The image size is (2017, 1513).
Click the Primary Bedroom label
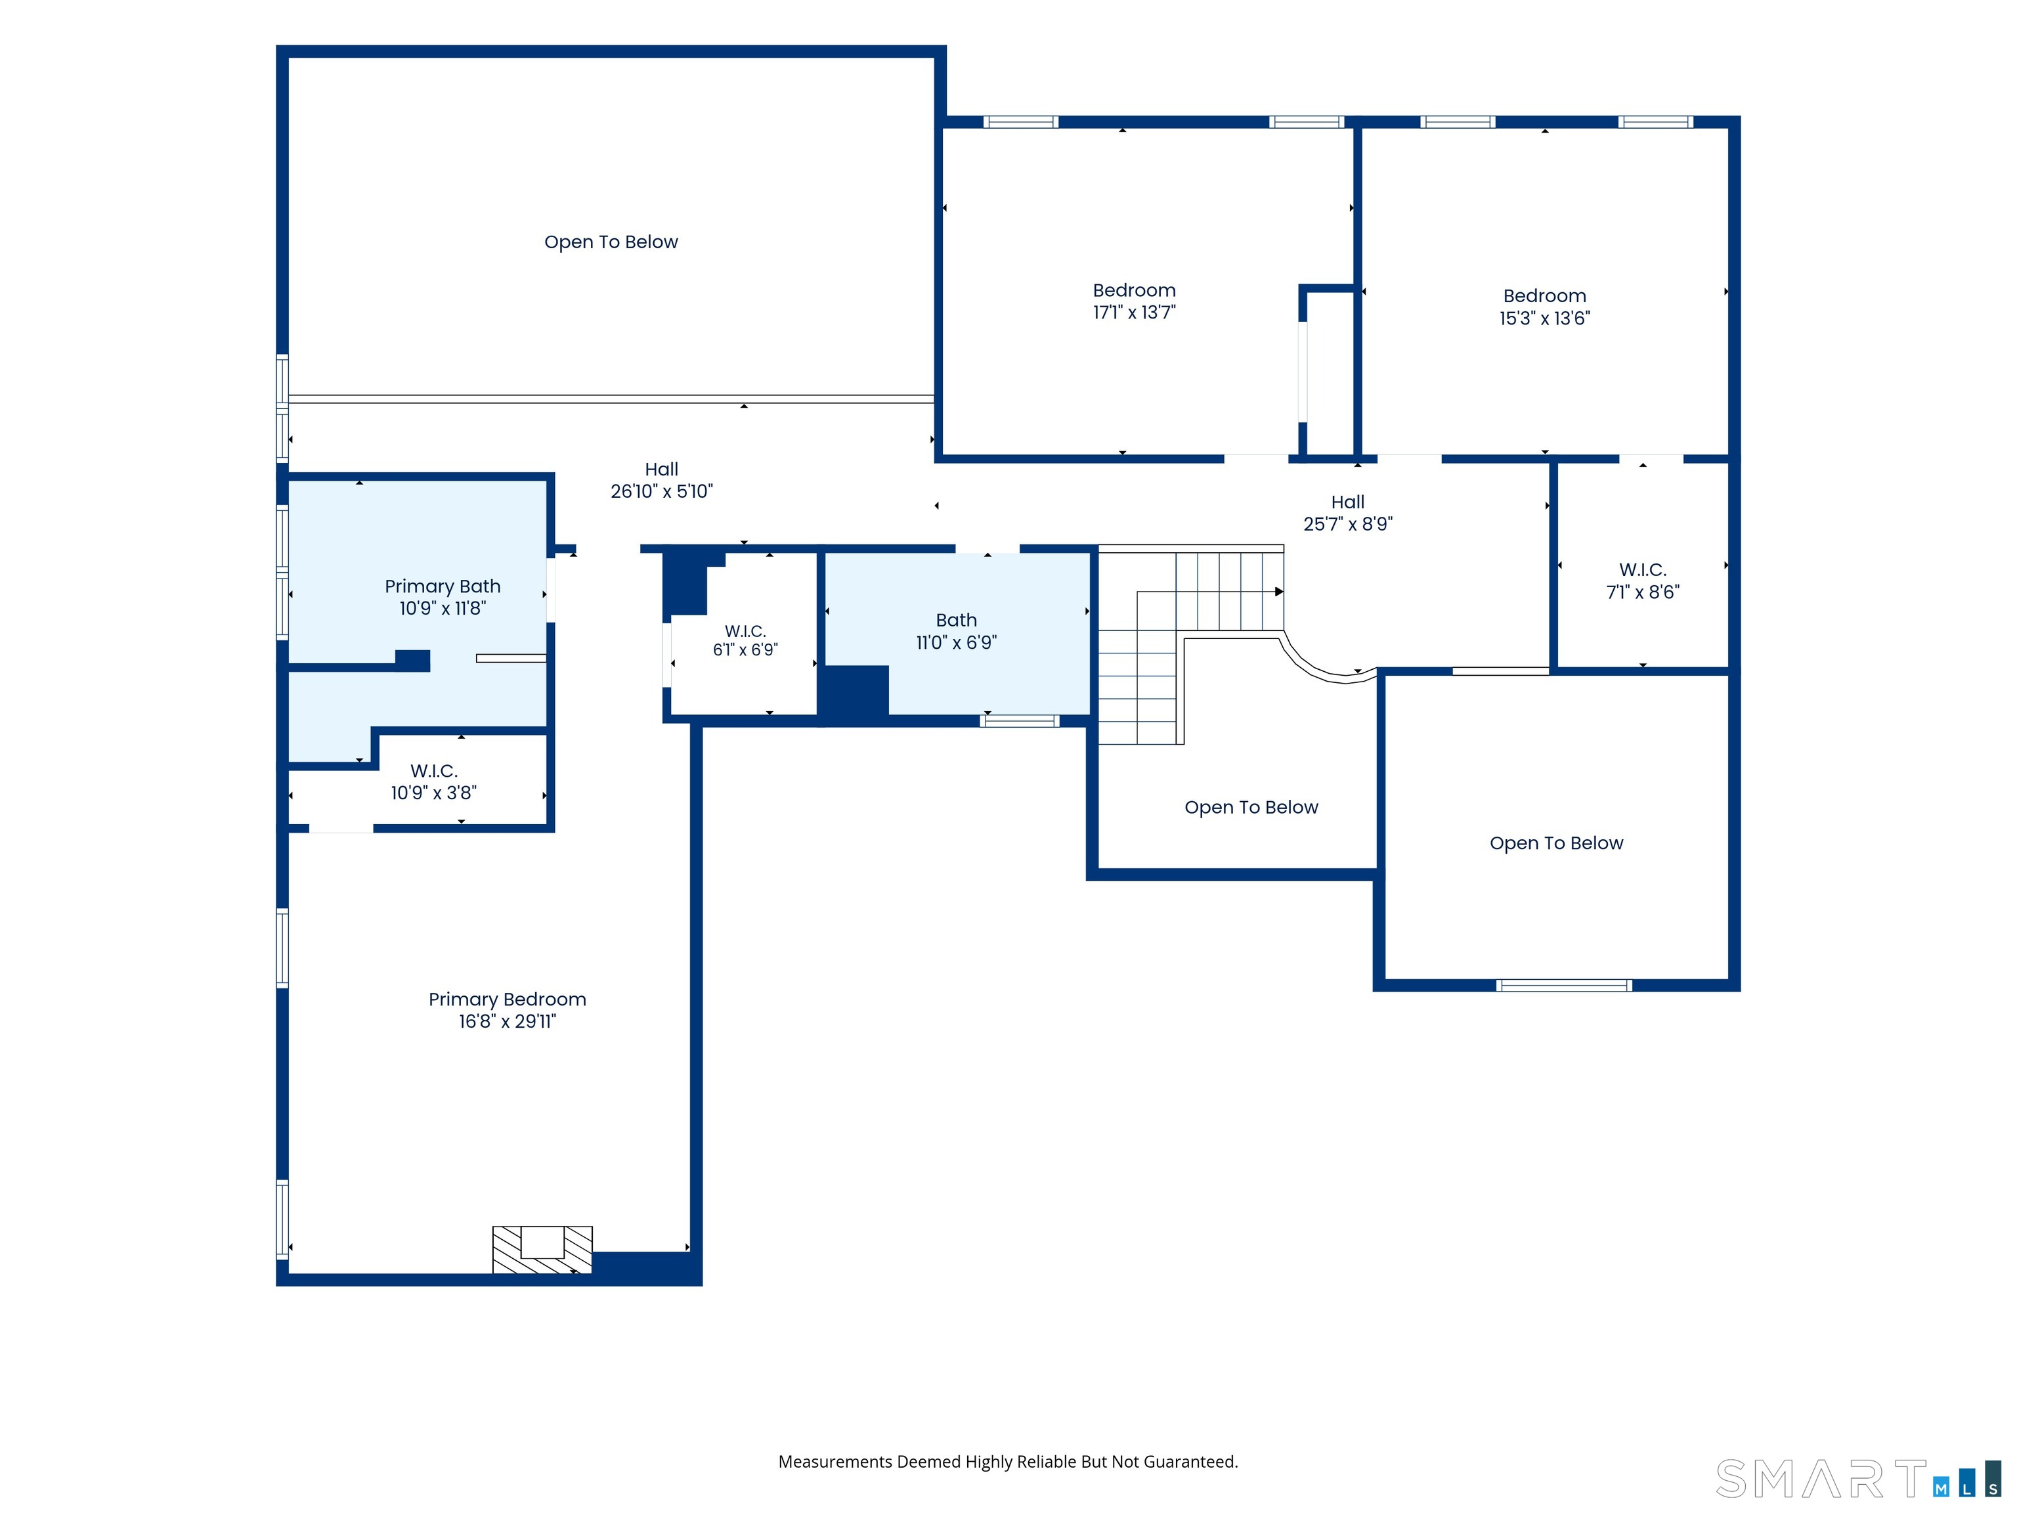pyautogui.click(x=507, y=999)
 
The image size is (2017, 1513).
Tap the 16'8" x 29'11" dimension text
pyautogui.click(x=507, y=1021)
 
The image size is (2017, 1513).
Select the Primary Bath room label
pyautogui.click(x=443, y=586)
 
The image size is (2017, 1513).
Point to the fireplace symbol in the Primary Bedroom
pyautogui.click(x=542, y=1250)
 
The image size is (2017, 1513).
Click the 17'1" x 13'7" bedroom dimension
pyautogui.click(x=1135, y=313)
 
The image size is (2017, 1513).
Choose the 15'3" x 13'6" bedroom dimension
pyautogui.click(x=1545, y=318)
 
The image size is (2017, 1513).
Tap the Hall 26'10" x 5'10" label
pyautogui.click(x=661, y=481)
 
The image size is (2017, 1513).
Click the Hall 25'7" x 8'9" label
pyautogui.click(x=1348, y=512)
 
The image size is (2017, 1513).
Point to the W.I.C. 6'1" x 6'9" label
pyautogui.click(x=745, y=640)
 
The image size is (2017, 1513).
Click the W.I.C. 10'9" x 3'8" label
pyautogui.click(x=433, y=781)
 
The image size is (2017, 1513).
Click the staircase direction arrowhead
pyautogui.click(x=1279, y=592)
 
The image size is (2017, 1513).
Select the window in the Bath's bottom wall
pyautogui.click(x=1020, y=722)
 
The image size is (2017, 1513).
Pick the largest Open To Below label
pyautogui.click(x=611, y=242)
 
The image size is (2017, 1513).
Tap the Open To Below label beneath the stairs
pyautogui.click(x=1251, y=807)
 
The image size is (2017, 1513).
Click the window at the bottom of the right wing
pyautogui.click(x=1564, y=985)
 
